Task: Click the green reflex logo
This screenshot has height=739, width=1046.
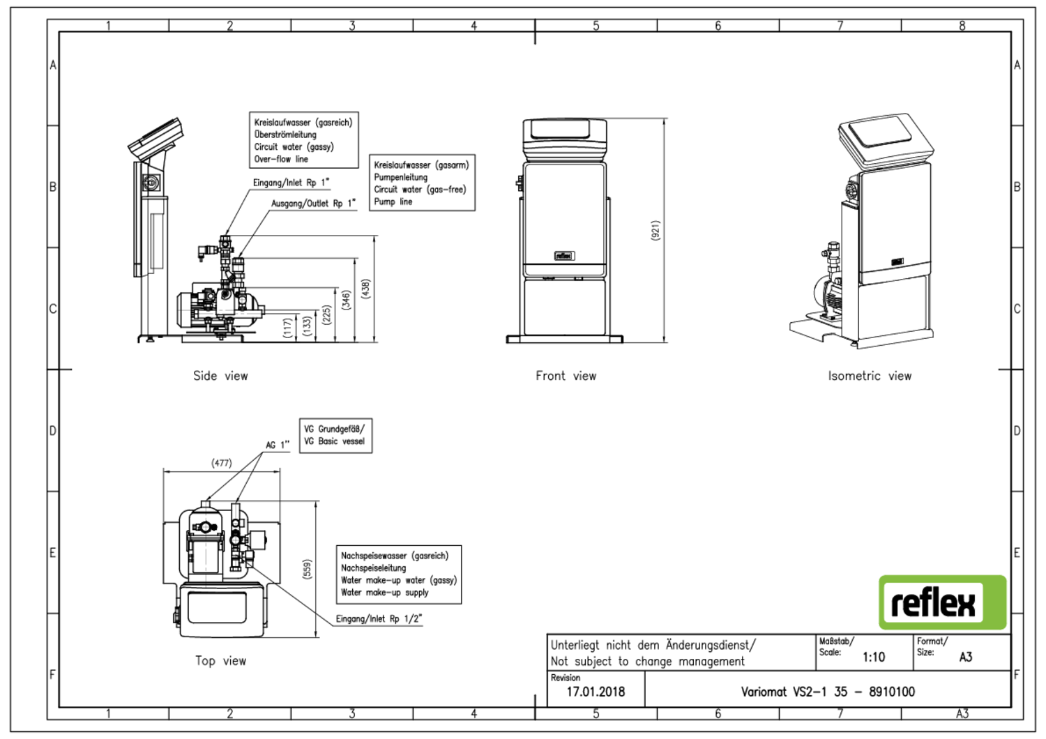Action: (x=942, y=602)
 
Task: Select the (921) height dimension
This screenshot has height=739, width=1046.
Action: (x=655, y=231)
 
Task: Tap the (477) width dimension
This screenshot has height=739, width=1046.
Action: (x=222, y=463)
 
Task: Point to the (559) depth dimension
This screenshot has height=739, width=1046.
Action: (x=307, y=569)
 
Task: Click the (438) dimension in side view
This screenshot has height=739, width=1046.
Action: (x=365, y=289)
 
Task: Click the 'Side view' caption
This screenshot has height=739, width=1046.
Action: (x=220, y=376)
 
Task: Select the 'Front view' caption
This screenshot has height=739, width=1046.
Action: (x=566, y=376)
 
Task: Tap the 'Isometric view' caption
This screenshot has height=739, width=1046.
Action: (x=869, y=376)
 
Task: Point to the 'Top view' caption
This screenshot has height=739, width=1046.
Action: (x=220, y=661)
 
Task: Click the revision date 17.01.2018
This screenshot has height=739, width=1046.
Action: (x=596, y=692)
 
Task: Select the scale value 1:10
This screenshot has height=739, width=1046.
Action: (x=873, y=657)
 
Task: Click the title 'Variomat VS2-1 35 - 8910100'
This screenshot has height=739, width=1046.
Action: (x=828, y=692)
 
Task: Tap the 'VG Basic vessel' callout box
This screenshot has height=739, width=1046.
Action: (x=335, y=436)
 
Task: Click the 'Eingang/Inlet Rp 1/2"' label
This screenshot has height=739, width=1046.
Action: (x=379, y=619)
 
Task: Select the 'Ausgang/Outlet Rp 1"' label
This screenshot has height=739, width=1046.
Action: (x=313, y=204)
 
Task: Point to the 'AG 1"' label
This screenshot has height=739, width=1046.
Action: (x=277, y=445)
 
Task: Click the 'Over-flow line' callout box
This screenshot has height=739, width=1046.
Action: (x=303, y=140)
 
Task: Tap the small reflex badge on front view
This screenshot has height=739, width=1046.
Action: (x=563, y=256)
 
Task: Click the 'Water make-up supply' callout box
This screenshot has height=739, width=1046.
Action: (x=398, y=574)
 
